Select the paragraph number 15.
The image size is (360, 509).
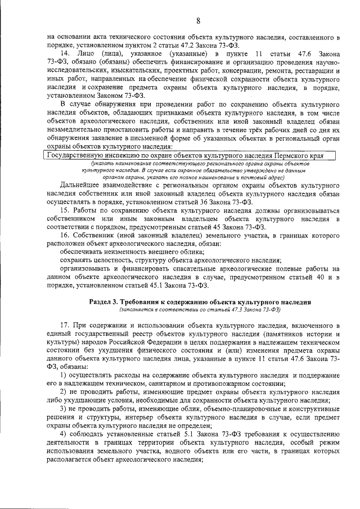pos(64,211)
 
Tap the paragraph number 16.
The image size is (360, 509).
pos(64,235)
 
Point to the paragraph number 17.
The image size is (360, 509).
pos(64,326)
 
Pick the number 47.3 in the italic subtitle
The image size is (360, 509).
pos(225,309)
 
